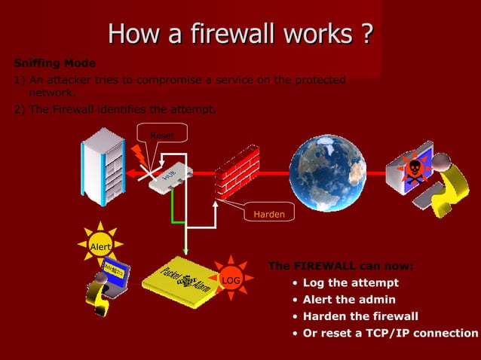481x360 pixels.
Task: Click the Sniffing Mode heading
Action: [55, 63]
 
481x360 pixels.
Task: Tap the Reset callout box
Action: [161, 136]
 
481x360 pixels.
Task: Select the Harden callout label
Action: [268, 215]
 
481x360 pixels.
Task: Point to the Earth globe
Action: [327, 173]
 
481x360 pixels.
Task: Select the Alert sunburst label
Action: [100, 246]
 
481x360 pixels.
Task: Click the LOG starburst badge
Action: [231, 281]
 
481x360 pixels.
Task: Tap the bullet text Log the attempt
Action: [351, 283]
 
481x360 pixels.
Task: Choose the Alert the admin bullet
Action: [349, 300]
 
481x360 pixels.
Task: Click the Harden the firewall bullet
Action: [360, 316]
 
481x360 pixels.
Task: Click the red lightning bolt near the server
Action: [139, 155]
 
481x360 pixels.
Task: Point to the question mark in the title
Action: [365, 34]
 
